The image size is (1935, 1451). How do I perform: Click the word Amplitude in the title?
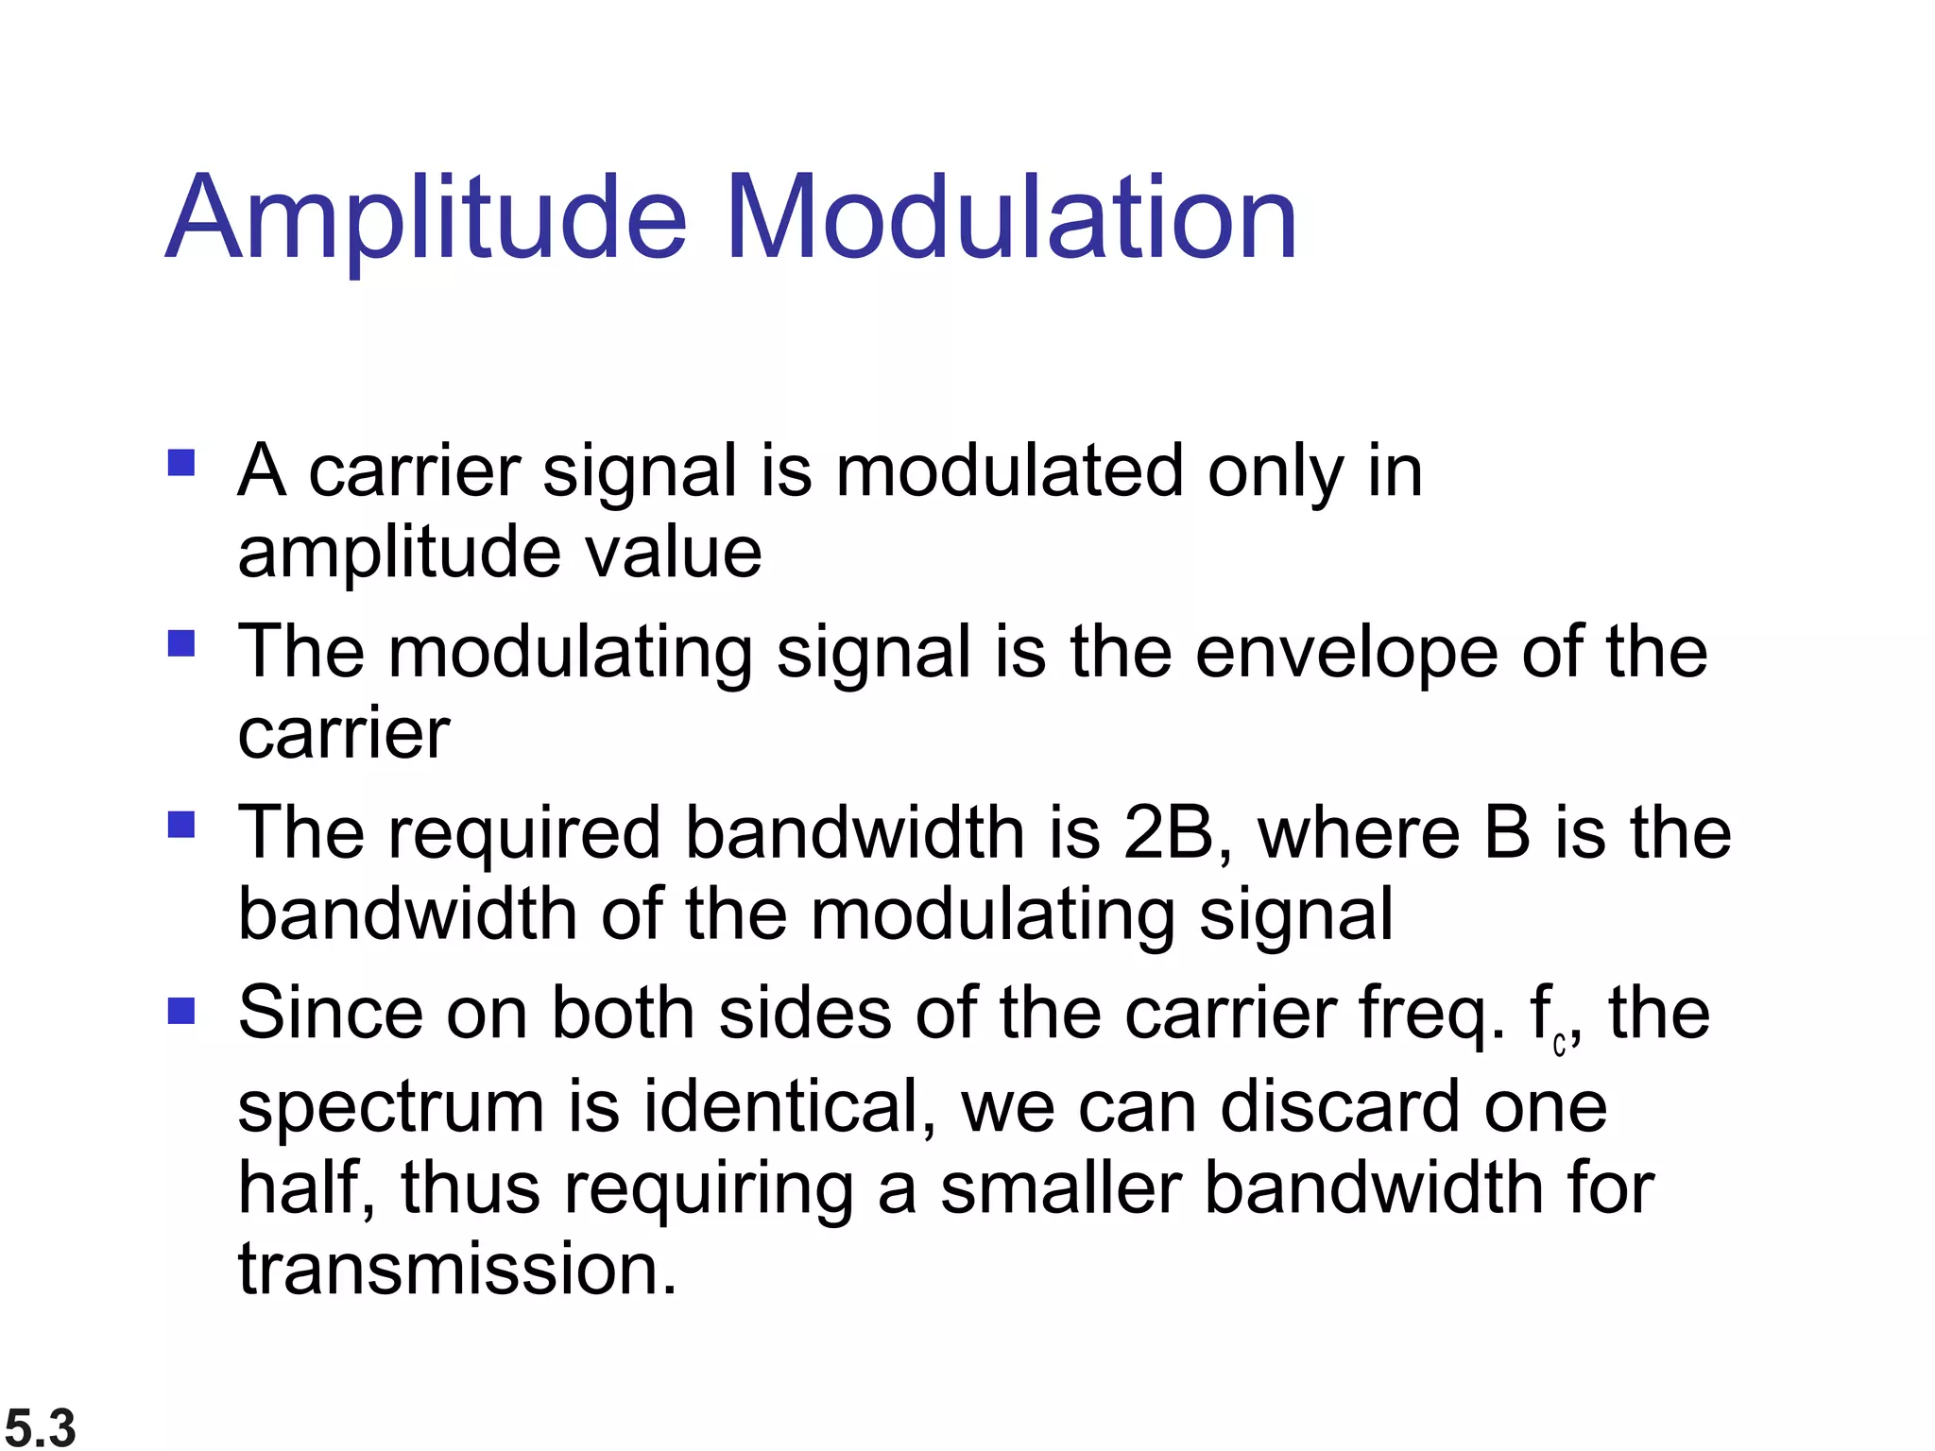(x=426, y=219)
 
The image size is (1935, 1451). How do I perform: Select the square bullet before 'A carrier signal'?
(x=180, y=463)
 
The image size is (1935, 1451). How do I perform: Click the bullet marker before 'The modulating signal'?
(x=180, y=643)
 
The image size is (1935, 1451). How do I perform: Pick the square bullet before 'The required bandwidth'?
(x=180, y=825)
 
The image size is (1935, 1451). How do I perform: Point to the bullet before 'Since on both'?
(x=180, y=1012)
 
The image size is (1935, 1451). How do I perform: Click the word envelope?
(x=1346, y=654)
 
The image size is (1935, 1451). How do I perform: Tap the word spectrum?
(x=391, y=1107)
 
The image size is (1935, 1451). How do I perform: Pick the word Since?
(x=331, y=1013)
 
